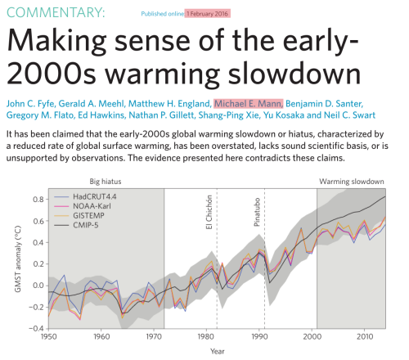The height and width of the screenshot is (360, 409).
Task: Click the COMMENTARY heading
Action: point(56,12)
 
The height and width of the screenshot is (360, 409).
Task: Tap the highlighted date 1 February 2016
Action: point(208,14)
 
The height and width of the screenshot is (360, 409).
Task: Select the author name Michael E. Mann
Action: point(249,104)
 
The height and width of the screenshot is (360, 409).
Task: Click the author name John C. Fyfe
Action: point(31,104)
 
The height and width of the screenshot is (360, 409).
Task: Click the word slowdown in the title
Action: point(294,74)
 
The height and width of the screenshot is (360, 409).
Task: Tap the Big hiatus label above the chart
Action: point(106,182)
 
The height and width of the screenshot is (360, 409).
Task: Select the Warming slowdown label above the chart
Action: point(352,182)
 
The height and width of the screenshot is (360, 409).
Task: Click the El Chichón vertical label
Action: point(209,212)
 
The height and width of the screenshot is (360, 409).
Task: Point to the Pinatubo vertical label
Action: point(257,212)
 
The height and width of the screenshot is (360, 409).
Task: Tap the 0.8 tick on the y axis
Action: point(38,200)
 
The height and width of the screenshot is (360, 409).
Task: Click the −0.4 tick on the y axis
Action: point(36,328)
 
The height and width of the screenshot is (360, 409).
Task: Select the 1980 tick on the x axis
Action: point(206,337)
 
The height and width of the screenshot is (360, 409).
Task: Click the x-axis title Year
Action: point(218,352)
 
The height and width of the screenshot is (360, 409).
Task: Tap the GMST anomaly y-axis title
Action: point(18,259)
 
